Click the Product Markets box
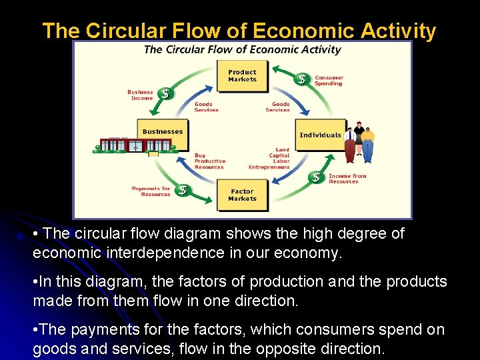pyautogui.click(x=242, y=75)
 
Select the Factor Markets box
pyautogui.click(x=242, y=195)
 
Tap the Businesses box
pyautogui.click(x=163, y=133)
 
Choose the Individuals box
pyautogui.click(x=321, y=135)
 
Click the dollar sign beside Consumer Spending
pyautogui.click(x=302, y=79)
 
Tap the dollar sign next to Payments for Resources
pyautogui.click(x=183, y=191)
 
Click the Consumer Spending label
pyautogui.click(x=329, y=81)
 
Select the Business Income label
pyautogui.click(x=141, y=95)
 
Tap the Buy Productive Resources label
pyautogui.click(x=209, y=161)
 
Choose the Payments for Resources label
pyautogui.click(x=151, y=191)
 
